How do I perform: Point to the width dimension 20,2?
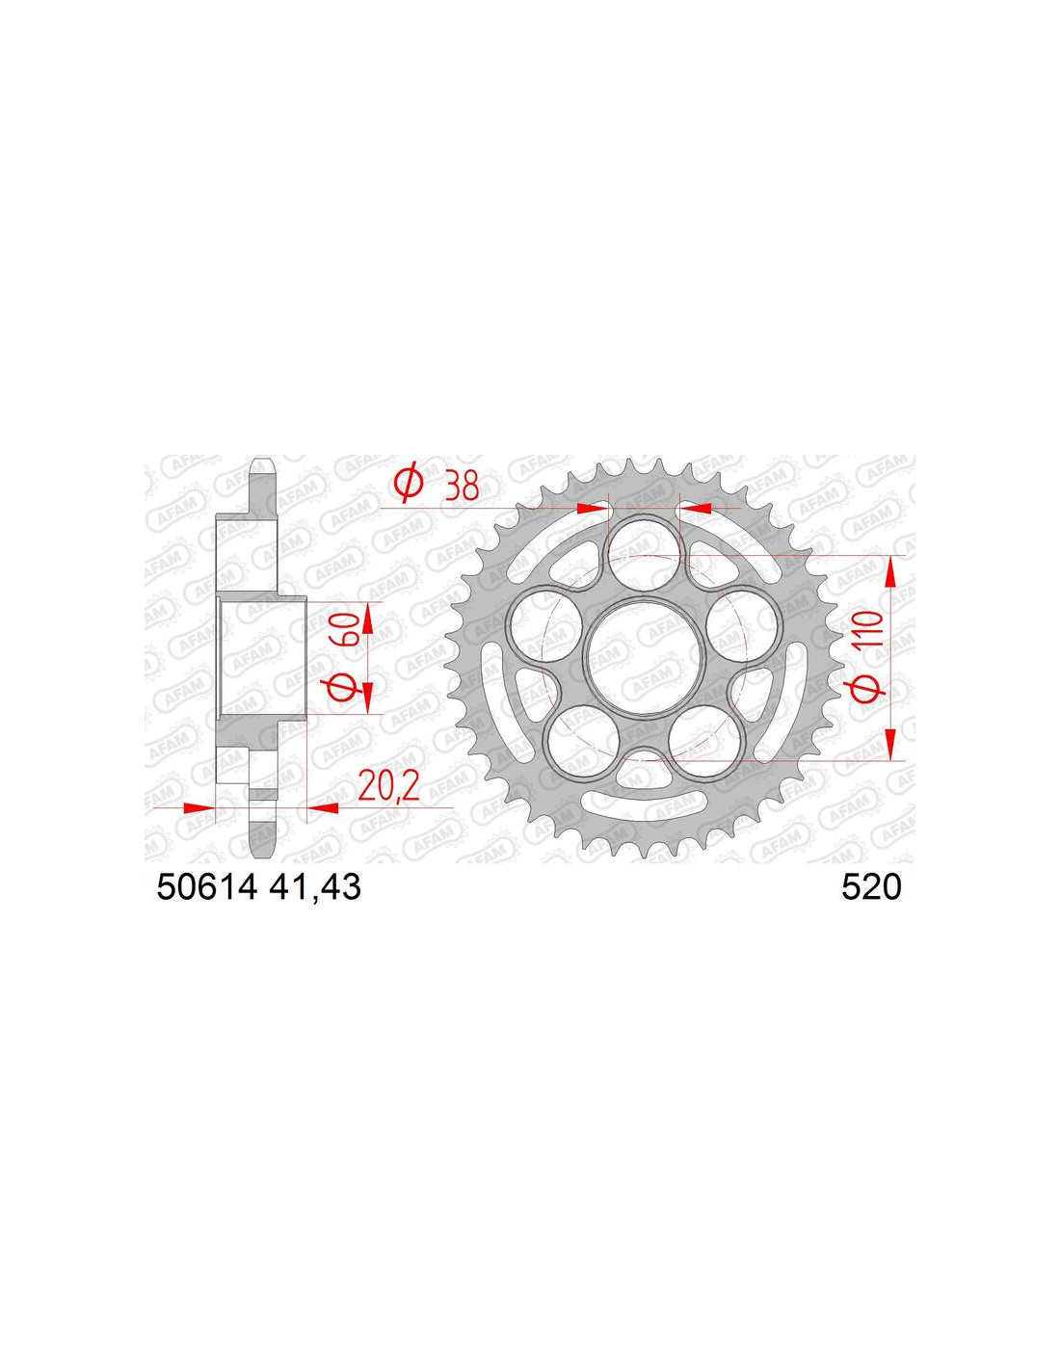pos(388,785)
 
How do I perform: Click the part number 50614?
pos(207,887)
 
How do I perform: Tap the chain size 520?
pos(871,887)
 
